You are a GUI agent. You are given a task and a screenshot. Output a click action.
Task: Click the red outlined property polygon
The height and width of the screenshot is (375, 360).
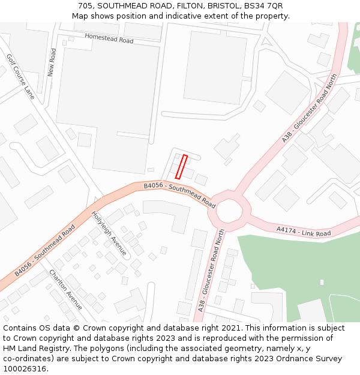[x=181, y=167]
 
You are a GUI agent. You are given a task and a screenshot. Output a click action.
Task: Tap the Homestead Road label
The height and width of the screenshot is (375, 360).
[x=109, y=38]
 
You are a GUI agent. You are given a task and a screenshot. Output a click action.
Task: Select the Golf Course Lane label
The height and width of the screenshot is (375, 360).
[x=20, y=76]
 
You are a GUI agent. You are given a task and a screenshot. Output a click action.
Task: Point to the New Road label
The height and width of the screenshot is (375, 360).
[x=52, y=62]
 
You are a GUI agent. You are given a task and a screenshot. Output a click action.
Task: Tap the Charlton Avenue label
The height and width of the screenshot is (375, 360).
[x=66, y=289]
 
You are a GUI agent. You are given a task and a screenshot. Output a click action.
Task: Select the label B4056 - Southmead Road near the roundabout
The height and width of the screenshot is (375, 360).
[x=179, y=195]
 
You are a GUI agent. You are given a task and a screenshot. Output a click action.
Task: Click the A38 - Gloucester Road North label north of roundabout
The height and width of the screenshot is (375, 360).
[x=310, y=108]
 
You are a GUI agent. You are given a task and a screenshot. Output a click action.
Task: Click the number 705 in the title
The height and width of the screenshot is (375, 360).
[x=85, y=5]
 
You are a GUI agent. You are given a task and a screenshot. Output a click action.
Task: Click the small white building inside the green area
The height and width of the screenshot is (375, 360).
[x=322, y=281]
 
